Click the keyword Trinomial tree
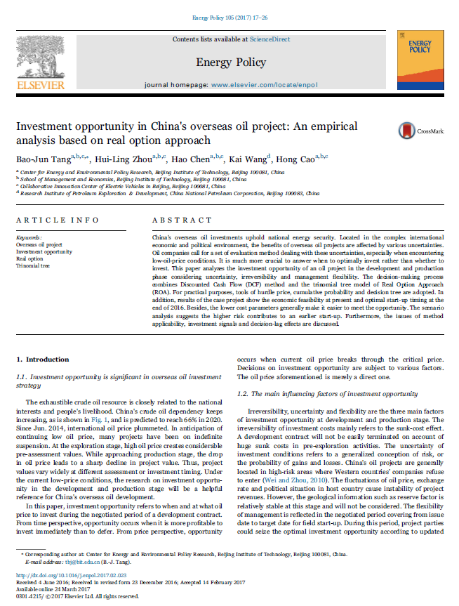(34, 265)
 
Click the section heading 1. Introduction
(43, 359)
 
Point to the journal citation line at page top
(229, 15)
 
